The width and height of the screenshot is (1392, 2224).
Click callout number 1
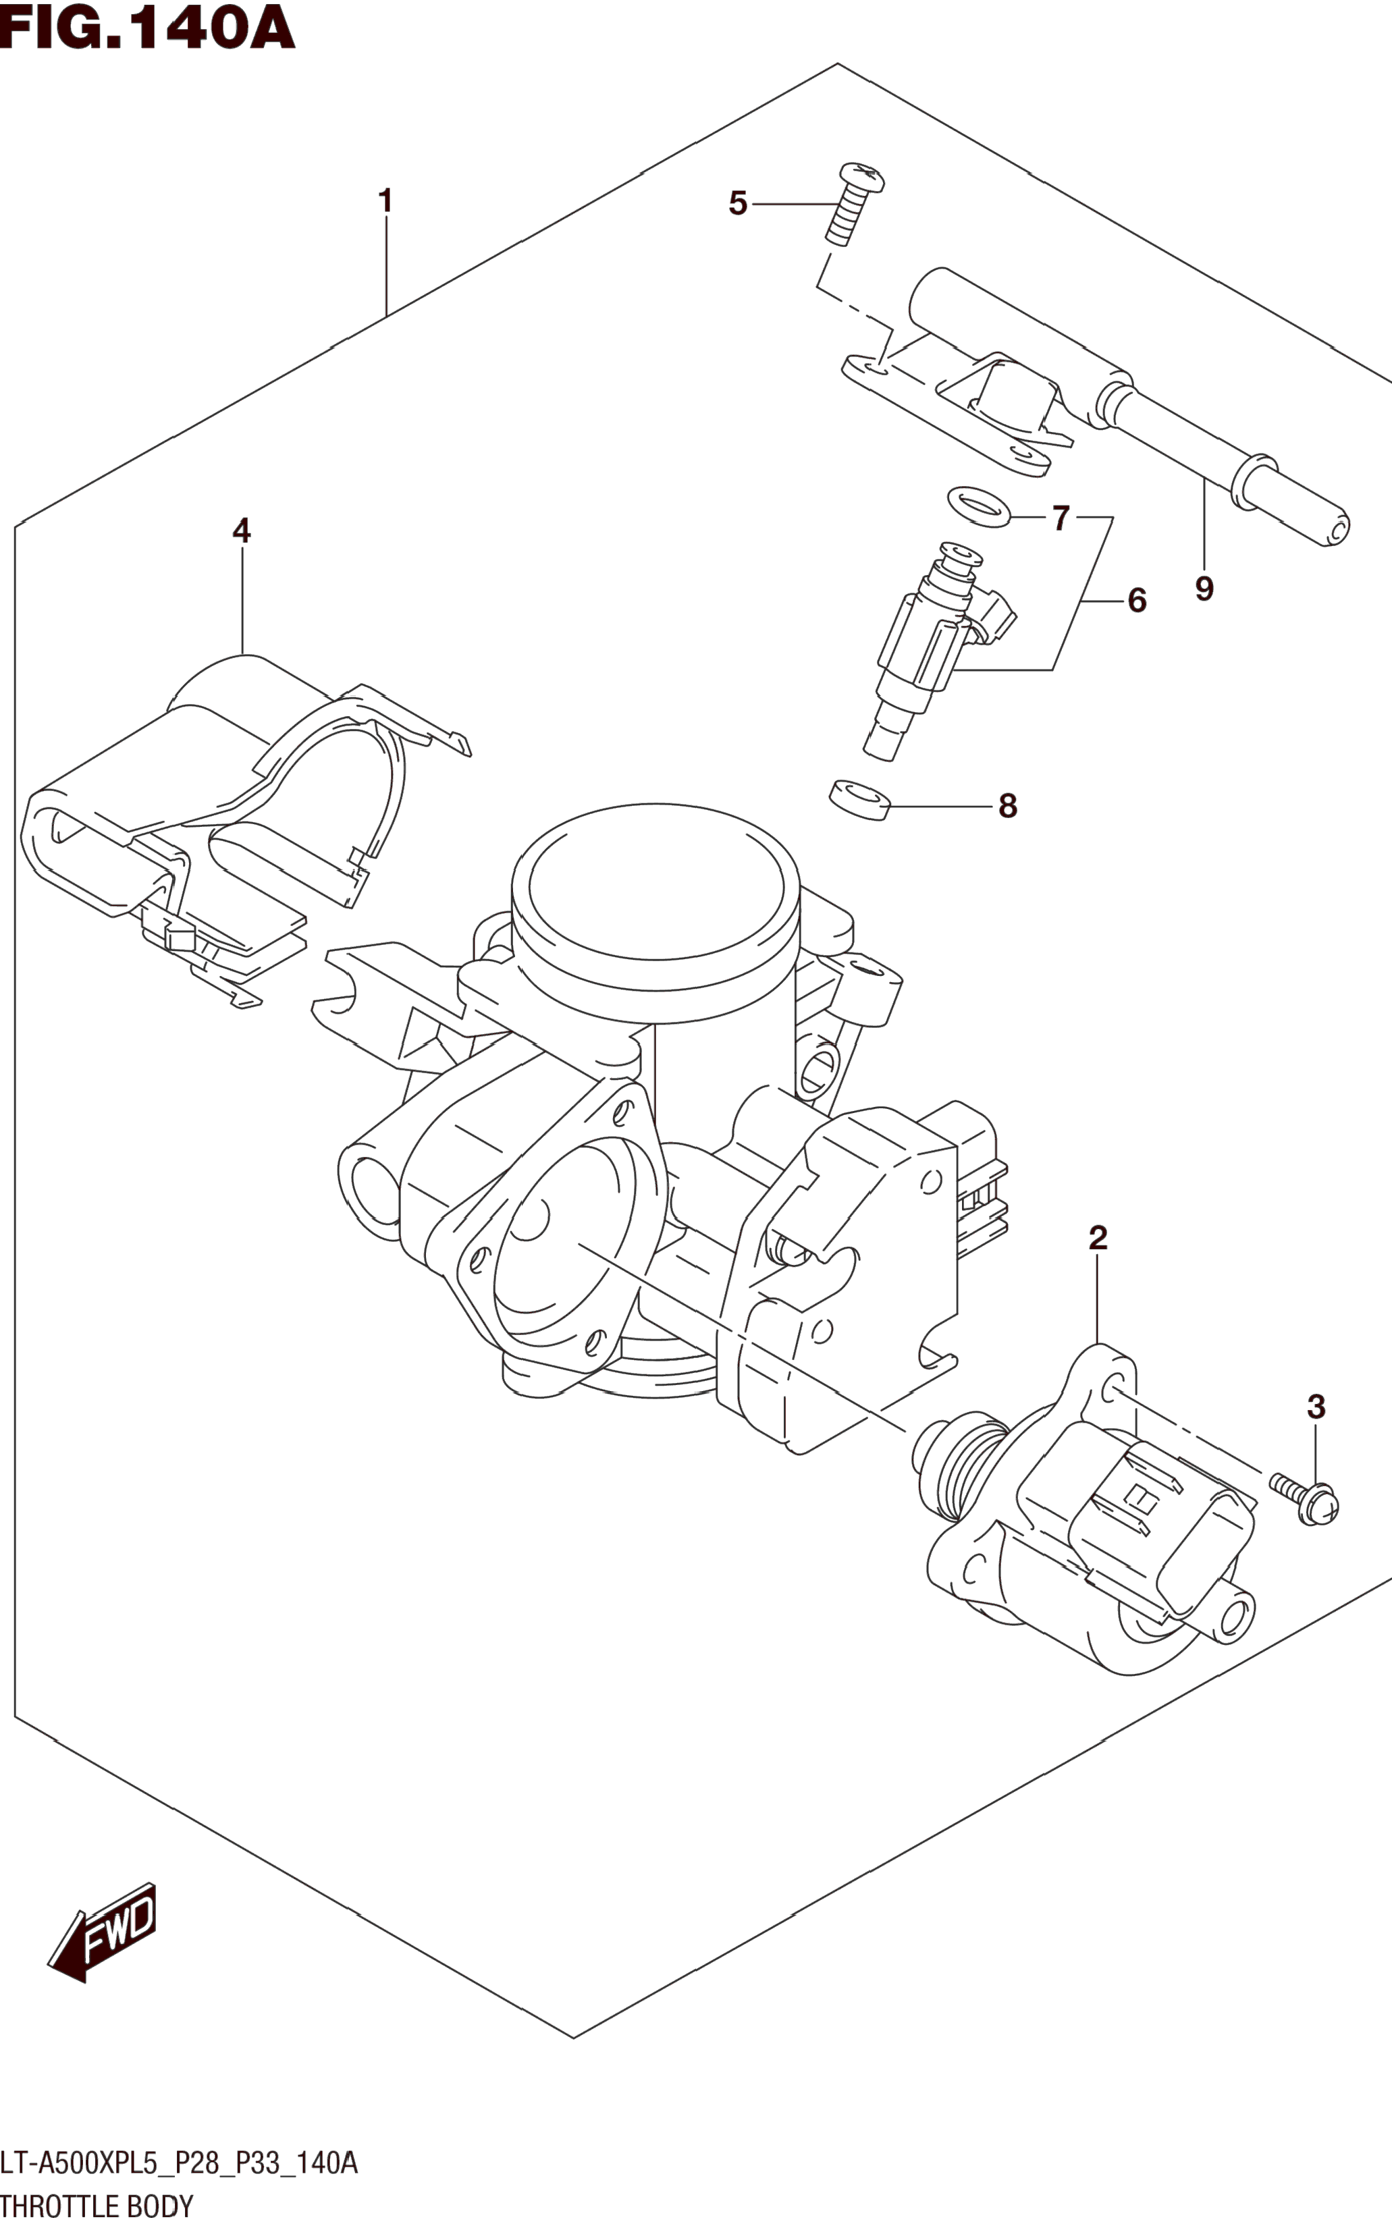coord(385,200)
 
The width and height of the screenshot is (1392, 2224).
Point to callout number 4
coord(241,531)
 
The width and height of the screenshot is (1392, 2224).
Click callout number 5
coord(737,203)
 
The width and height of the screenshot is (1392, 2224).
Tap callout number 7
coord(1061,519)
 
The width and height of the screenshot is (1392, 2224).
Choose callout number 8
coord(1008,807)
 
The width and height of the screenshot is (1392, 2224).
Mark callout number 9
coord(1204,589)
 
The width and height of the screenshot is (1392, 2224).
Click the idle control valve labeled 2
coord(1096,1528)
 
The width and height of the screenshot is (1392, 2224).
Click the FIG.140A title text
coord(147,28)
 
